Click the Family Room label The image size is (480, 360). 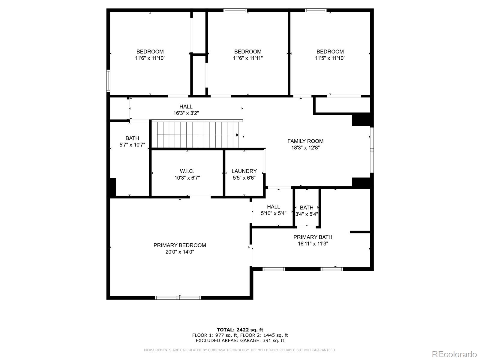click(x=305, y=141)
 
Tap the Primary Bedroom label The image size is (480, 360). click(x=180, y=245)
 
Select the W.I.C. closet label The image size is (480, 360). click(x=187, y=171)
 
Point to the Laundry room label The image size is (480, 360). click(x=244, y=171)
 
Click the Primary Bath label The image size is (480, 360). click(x=313, y=237)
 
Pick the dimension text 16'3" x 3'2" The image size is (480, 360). click(x=186, y=113)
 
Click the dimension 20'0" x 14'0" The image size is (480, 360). click(x=180, y=252)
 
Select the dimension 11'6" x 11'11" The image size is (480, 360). click(x=248, y=58)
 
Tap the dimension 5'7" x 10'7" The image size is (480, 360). click(x=132, y=145)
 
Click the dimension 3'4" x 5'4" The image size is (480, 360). click(x=307, y=214)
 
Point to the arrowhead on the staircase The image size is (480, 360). click(x=237, y=135)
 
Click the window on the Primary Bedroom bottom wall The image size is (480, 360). click(x=178, y=298)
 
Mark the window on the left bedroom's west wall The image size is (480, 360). click(x=108, y=80)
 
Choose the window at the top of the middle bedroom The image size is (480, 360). click(x=235, y=10)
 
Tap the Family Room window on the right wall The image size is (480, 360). click(x=372, y=150)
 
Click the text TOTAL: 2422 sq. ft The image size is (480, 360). click(x=240, y=330)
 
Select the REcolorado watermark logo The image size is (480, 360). click(x=454, y=354)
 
